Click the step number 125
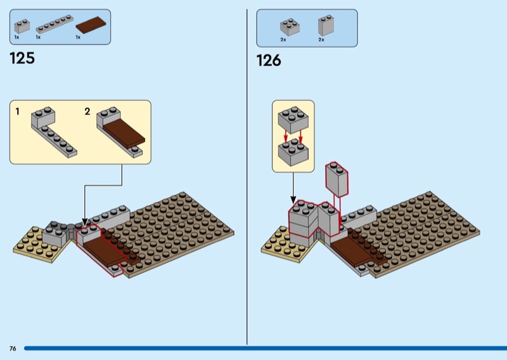point(22,59)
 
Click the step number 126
point(268,61)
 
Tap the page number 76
point(13,349)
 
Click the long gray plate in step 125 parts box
point(54,25)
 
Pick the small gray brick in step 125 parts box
point(22,26)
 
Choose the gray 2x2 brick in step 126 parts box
point(290,27)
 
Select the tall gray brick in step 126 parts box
point(326,25)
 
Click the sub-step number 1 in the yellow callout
point(18,112)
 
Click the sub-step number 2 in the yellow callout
point(87,112)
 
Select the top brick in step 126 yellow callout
point(293,118)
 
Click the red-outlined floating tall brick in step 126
point(336,178)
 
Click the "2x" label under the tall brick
point(321,40)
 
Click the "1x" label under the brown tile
point(78,37)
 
